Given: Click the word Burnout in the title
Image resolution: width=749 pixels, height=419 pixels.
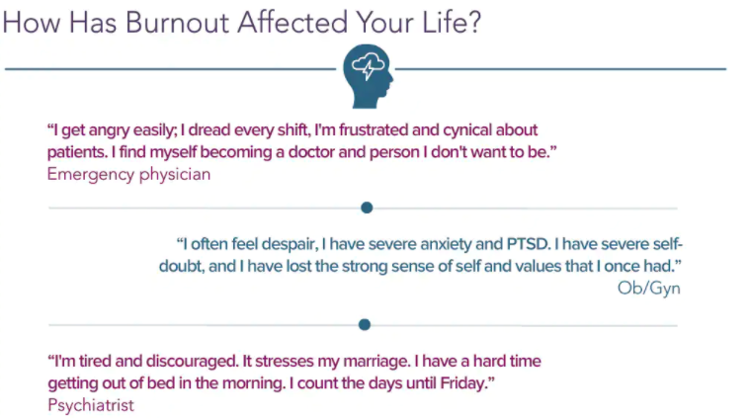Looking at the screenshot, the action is pos(177,23).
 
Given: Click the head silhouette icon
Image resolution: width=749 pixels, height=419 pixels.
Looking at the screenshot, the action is pos(368,76).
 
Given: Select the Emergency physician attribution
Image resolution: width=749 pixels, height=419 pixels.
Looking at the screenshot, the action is pos(128,174).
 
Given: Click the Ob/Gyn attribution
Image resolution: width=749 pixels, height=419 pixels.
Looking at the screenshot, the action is pos(648,289).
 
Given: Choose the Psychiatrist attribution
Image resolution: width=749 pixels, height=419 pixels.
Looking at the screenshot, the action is pos(91,405).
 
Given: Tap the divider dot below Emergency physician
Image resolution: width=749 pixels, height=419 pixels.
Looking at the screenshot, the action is pos(367,208).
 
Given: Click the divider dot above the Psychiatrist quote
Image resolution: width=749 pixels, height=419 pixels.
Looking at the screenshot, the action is pos(365,325).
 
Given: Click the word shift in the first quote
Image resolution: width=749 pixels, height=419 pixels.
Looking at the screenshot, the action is pos(292,130).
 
